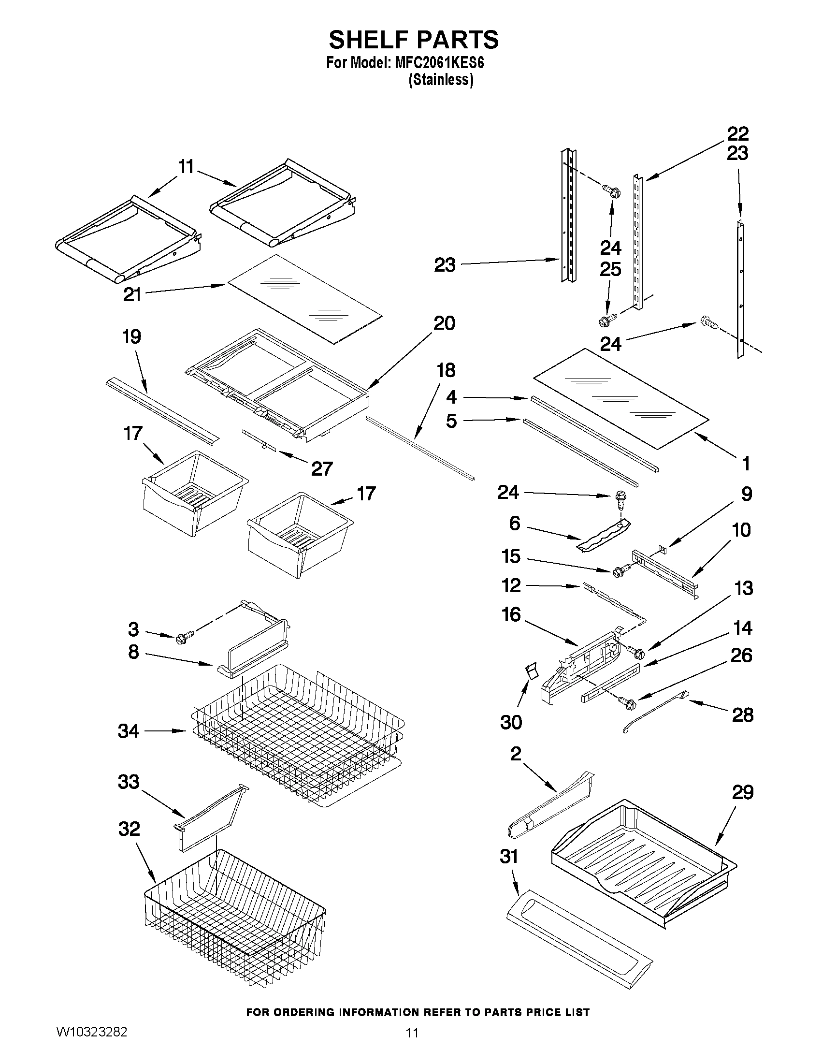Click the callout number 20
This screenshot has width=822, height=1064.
tap(444, 323)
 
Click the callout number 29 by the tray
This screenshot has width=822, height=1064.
tap(743, 793)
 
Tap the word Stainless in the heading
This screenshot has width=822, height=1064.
tap(441, 80)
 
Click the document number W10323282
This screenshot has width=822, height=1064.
tap(91, 1031)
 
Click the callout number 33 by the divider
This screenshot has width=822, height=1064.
tap(129, 782)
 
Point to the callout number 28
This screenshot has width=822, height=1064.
tap(742, 715)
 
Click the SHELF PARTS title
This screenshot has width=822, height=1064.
tap(414, 40)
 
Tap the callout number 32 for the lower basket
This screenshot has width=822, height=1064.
tap(129, 829)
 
